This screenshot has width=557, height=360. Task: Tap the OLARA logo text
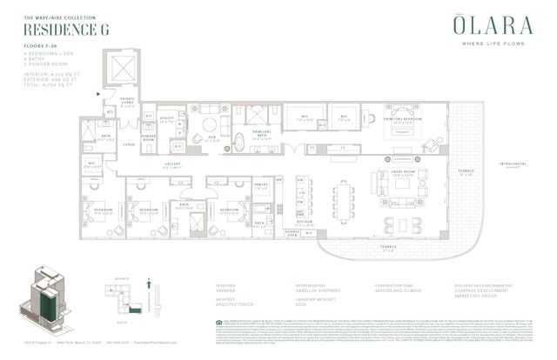tap(486, 27)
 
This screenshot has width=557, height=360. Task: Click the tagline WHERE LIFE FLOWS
tap(486, 46)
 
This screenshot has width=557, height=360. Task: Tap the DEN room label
tap(212, 137)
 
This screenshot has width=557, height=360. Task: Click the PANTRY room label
tap(260, 185)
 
